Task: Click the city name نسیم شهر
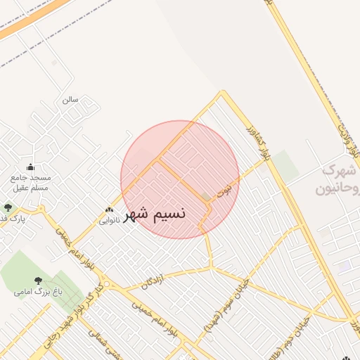point(155,214)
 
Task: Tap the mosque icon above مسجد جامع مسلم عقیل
point(30,167)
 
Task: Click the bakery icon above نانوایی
point(109,210)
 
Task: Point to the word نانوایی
point(109,221)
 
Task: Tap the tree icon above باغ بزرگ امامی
point(38,281)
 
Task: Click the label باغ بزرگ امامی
point(38,291)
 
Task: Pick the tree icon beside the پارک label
point(8,207)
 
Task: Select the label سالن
point(70,100)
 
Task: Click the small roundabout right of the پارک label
point(41,209)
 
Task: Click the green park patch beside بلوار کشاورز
point(285,165)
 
